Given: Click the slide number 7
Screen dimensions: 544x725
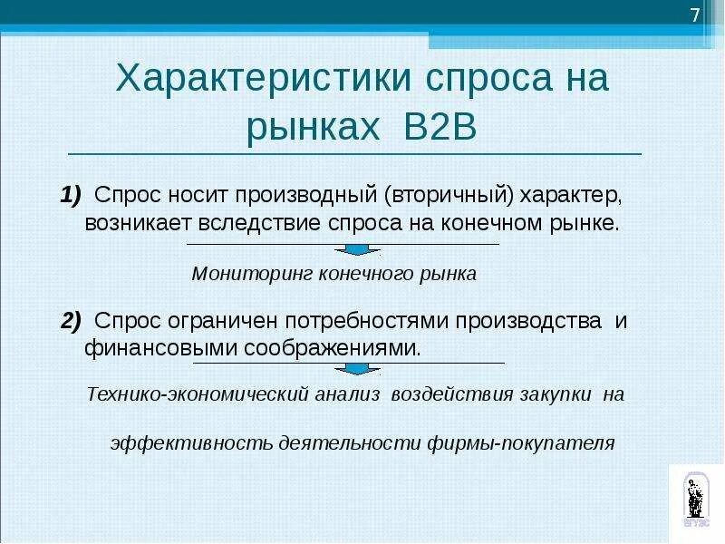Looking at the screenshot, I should coord(695,15).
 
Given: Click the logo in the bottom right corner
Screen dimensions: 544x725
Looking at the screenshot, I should coord(696,498).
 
